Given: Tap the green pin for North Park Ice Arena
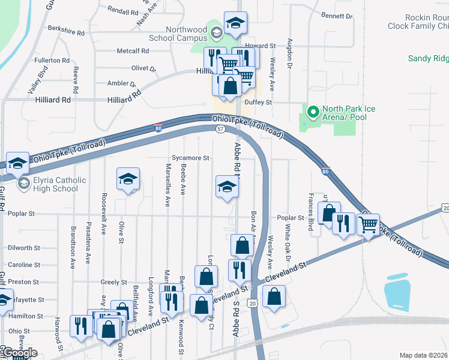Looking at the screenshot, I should pyautogui.click(x=313, y=112).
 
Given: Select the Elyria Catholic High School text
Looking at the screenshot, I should pyautogui.click(x=60, y=184).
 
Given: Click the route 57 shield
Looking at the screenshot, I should pyautogui.click(x=220, y=129).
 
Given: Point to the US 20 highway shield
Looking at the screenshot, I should pyautogui.click(x=253, y=304).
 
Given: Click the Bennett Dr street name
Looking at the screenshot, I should pyautogui.click(x=336, y=16).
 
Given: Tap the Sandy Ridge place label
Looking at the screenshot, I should pyautogui.click(x=428, y=58).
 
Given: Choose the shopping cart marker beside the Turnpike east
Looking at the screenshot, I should pyautogui.click(x=368, y=224).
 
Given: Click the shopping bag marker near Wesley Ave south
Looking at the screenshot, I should pyautogui.click(x=274, y=297).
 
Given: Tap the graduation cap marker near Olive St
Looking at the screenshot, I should pyautogui.click(x=127, y=179).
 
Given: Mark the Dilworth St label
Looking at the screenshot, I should pyautogui.click(x=24, y=248).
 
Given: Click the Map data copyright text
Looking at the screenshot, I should pyautogui.click(x=424, y=355).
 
